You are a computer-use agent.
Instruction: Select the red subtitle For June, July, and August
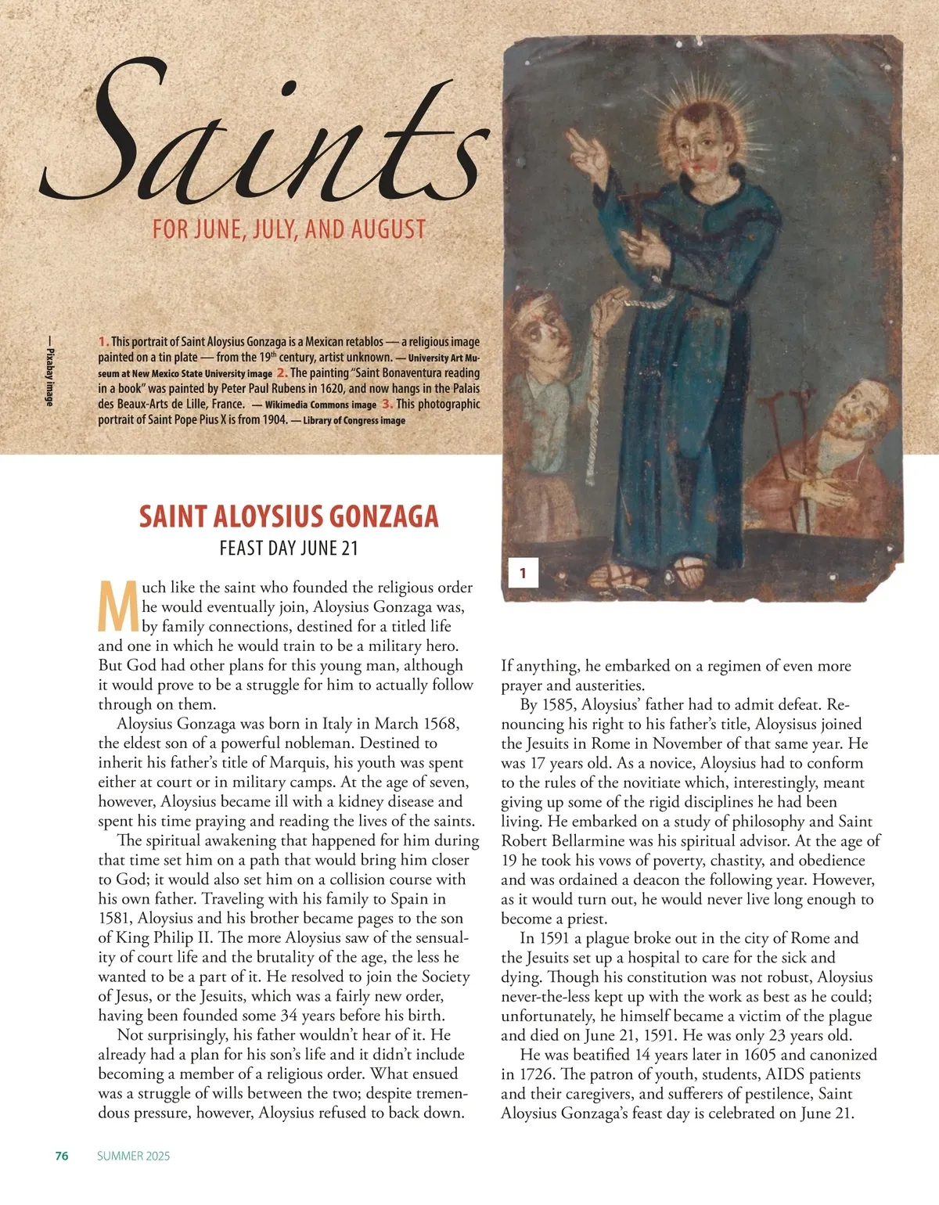tap(289, 229)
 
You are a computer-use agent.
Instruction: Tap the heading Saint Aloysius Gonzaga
tap(289, 516)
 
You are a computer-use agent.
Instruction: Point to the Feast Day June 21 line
tap(289, 548)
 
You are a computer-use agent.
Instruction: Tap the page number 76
tap(62, 1156)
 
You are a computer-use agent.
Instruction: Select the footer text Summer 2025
tap(133, 1156)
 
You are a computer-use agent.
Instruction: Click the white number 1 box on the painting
tap(523, 574)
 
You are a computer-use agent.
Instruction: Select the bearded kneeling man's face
tap(865, 411)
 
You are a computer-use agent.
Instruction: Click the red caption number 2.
tap(282, 373)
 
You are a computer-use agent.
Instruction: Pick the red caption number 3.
tap(387, 405)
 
